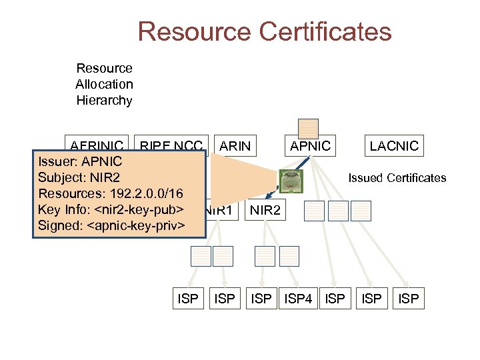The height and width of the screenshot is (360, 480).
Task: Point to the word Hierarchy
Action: point(104,101)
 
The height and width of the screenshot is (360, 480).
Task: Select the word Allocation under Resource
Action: point(104,84)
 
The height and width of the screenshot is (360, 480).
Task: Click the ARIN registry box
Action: point(235,145)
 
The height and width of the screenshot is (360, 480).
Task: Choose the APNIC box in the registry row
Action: point(310,145)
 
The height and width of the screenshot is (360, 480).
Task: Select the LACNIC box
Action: point(394,145)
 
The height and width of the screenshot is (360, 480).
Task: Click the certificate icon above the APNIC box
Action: point(308,128)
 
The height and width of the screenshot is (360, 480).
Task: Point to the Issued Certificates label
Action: point(397,178)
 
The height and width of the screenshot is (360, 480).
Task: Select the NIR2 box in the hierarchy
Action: point(265,211)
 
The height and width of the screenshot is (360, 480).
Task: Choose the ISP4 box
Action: point(299,299)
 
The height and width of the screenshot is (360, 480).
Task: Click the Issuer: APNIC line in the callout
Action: point(79,161)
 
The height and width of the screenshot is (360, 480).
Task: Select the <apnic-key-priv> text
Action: point(135,225)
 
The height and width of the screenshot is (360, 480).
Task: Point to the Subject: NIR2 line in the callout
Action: point(79,177)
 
